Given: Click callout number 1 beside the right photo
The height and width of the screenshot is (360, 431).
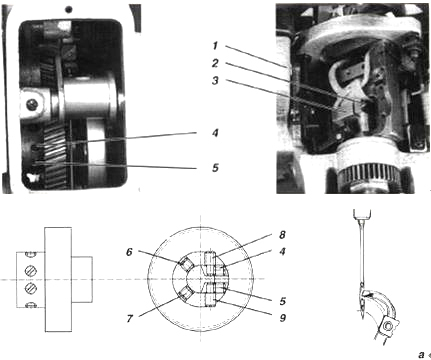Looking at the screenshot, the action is (x=215, y=46).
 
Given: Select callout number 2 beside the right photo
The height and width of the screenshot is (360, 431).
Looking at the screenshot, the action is (x=215, y=63).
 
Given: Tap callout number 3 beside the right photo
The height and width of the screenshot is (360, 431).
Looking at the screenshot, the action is (x=215, y=80).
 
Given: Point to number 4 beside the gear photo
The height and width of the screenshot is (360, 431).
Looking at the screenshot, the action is (x=215, y=133).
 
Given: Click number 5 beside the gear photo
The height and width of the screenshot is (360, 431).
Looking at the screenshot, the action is (x=215, y=167).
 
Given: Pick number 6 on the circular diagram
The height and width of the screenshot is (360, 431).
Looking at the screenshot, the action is (x=129, y=252).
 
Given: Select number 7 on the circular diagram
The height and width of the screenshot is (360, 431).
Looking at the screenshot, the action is (x=129, y=318).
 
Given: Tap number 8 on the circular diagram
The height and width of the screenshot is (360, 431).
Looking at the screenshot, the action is (x=282, y=235).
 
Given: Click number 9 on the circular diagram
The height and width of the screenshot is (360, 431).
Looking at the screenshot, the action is (x=283, y=318).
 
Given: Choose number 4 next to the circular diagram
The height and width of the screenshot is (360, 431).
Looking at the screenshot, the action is (x=282, y=251).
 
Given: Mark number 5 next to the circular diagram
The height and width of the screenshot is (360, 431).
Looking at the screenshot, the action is (x=283, y=301).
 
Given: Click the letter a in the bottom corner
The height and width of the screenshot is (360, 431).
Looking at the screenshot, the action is (x=421, y=354).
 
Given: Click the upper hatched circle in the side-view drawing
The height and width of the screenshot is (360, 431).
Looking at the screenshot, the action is (x=31, y=270).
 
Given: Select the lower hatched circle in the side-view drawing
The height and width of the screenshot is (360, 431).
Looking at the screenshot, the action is (x=31, y=287).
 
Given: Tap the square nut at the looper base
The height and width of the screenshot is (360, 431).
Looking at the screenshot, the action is (x=388, y=325).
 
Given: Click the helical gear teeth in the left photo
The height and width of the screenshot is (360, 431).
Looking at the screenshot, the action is (x=54, y=154).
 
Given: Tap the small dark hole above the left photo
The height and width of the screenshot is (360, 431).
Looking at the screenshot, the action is (x=69, y=10).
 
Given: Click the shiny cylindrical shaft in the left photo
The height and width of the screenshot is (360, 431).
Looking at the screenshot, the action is (x=86, y=99).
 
